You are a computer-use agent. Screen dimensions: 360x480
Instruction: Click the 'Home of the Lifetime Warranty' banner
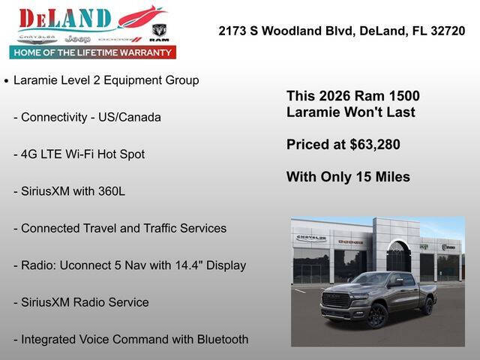(92, 52)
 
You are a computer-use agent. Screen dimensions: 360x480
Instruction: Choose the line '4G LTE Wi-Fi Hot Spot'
(79, 154)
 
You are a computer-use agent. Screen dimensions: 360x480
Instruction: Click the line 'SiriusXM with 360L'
(69, 191)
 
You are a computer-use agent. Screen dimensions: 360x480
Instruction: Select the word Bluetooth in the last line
(222, 339)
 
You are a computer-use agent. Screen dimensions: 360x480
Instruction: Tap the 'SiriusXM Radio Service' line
(81, 302)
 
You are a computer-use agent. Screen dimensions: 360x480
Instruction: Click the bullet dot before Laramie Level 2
(6, 80)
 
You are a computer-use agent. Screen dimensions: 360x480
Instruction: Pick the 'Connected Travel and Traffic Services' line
(120, 228)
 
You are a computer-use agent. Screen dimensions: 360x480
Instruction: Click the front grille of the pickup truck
(335, 299)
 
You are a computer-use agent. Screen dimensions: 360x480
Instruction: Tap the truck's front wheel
(376, 316)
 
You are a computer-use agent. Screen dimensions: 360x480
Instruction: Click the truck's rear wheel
(427, 306)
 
